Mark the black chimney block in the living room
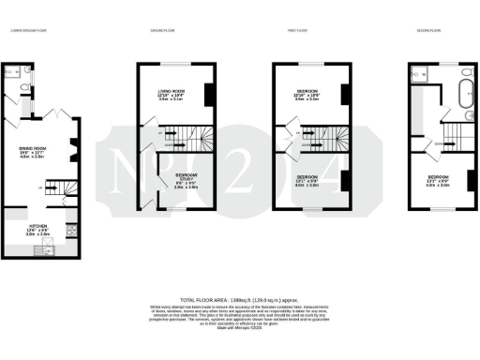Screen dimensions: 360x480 coord(209,95)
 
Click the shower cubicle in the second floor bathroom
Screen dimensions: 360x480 coord(417,72)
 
